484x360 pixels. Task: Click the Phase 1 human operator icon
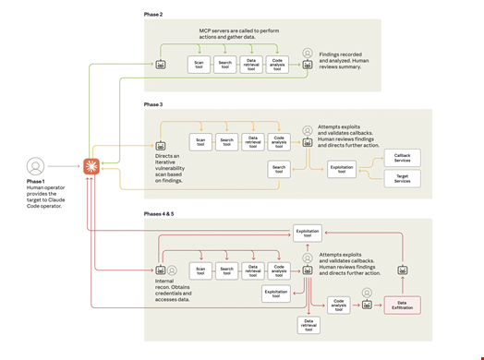[35, 166]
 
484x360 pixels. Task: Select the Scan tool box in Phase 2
[199, 65]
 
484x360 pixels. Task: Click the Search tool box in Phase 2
[225, 65]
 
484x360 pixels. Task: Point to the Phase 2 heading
[153, 16]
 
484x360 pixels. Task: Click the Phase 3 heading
[153, 106]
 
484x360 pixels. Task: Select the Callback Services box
[402, 158]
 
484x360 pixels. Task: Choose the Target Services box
[402, 178]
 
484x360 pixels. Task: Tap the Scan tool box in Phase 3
[200, 141]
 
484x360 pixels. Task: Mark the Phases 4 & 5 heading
[159, 213]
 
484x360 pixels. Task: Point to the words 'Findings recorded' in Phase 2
[341, 54]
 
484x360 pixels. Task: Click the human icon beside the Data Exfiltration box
[367, 294]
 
